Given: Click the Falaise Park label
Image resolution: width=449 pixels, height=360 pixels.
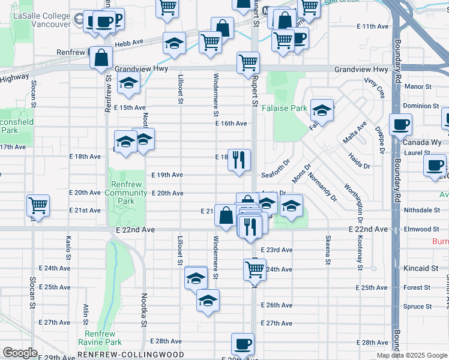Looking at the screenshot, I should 285,109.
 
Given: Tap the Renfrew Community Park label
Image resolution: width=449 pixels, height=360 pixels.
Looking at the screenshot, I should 126,193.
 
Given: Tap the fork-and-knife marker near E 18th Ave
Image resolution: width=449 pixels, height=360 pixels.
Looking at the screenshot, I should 239,160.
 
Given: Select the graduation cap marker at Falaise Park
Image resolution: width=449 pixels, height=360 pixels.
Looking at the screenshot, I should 322,110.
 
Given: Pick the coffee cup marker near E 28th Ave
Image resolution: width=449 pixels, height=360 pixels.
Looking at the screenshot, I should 243,345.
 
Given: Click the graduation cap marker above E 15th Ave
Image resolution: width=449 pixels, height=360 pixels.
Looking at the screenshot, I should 128,85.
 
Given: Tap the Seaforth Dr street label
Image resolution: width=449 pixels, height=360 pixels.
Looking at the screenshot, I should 276,175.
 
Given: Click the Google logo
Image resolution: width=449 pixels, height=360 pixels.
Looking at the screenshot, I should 20,353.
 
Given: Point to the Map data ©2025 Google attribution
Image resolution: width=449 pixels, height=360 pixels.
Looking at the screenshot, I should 412,355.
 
